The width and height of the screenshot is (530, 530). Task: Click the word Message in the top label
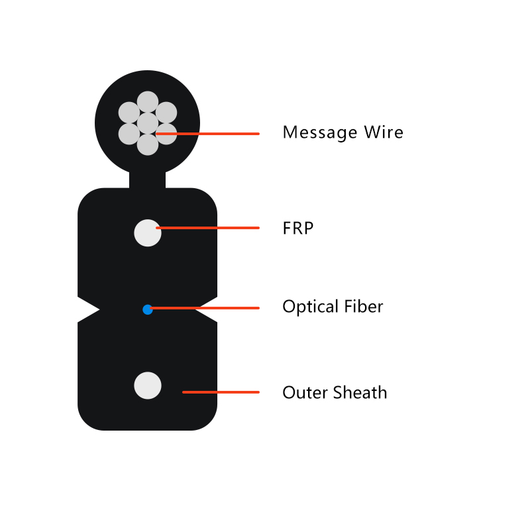[x=320, y=132]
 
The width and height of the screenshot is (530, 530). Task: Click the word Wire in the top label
[x=384, y=132]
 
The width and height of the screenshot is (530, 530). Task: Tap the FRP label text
[x=297, y=228]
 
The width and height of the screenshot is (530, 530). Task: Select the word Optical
[x=310, y=307]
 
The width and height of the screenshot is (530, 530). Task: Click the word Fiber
[x=364, y=306]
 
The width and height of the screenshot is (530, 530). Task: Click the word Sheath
[x=360, y=392]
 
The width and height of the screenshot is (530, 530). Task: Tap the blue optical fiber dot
[x=148, y=309]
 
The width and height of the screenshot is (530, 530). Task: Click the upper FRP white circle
[x=148, y=233]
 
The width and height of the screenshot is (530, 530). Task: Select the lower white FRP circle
[x=148, y=386]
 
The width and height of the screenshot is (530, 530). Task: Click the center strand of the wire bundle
[x=148, y=123]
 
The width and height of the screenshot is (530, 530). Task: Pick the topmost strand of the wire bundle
[x=148, y=102]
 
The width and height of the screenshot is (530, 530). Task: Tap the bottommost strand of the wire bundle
[x=148, y=144]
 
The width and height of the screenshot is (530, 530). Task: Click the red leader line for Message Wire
[x=207, y=134]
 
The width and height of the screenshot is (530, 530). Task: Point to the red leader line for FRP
[x=207, y=228]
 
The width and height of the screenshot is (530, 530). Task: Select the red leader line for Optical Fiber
[x=205, y=308]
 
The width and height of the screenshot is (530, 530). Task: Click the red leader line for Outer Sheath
[x=221, y=392]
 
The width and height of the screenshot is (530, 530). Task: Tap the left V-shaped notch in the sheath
[x=86, y=309]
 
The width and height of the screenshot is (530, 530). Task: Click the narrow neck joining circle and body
[x=147, y=180]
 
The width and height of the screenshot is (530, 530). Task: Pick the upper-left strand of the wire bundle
[x=129, y=113]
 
